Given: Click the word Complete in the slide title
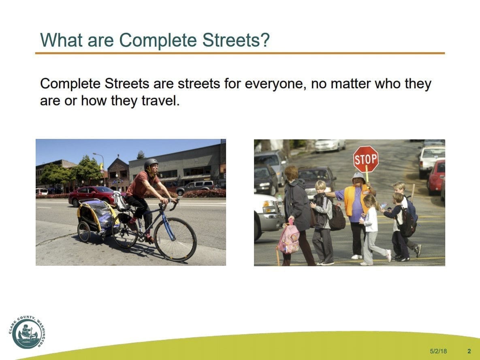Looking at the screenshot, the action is pyautogui.click(x=158, y=40).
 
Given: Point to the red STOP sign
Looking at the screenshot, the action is pyautogui.click(x=366, y=159).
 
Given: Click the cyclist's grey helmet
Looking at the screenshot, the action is pyautogui.click(x=151, y=163).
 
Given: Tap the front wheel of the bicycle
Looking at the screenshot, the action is pyautogui.click(x=175, y=239).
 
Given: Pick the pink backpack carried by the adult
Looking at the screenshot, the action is pyautogui.click(x=289, y=239).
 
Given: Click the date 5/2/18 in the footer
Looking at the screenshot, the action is pyautogui.click(x=438, y=351).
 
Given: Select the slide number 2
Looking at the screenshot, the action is pyautogui.click(x=469, y=351).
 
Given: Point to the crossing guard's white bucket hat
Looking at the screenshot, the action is pyautogui.click(x=358, y=177).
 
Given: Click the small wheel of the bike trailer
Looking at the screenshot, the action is pyautogui.click(x=84, y=232).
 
